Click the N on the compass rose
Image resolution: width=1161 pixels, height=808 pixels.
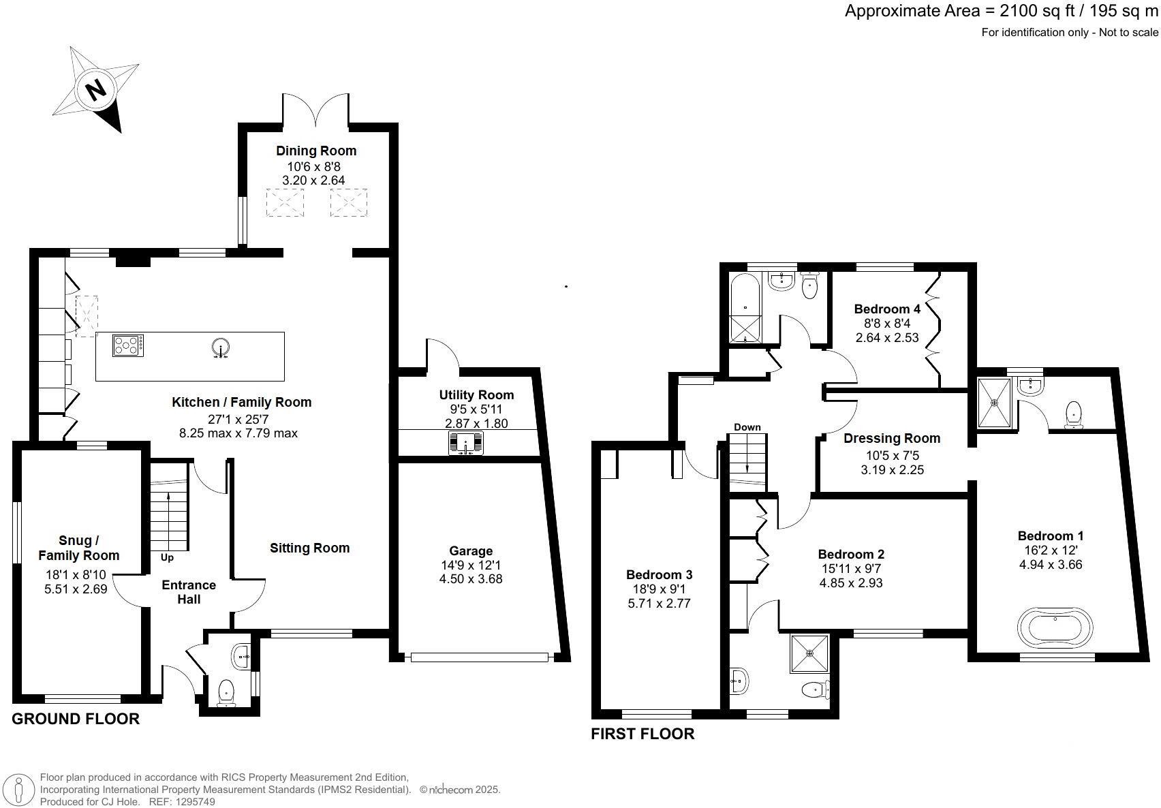96,89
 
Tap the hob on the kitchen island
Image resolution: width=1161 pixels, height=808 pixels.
128,345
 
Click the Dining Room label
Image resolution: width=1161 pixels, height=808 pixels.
315,151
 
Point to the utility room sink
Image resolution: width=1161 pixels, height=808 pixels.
466,444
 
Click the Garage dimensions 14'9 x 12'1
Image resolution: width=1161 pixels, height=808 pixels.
471,565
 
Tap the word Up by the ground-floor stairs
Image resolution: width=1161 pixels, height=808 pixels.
167,557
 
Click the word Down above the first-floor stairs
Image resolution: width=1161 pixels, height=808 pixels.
747,427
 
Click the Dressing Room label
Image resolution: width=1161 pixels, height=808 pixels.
891,438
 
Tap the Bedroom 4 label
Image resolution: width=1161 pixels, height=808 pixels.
882,309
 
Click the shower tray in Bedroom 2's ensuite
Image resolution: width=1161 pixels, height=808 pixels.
810,653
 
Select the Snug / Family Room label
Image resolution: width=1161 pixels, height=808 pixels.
78,548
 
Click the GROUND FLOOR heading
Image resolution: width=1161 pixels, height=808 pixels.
76,719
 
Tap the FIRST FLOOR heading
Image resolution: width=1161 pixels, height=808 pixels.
642,734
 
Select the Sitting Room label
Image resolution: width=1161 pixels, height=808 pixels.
309,548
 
